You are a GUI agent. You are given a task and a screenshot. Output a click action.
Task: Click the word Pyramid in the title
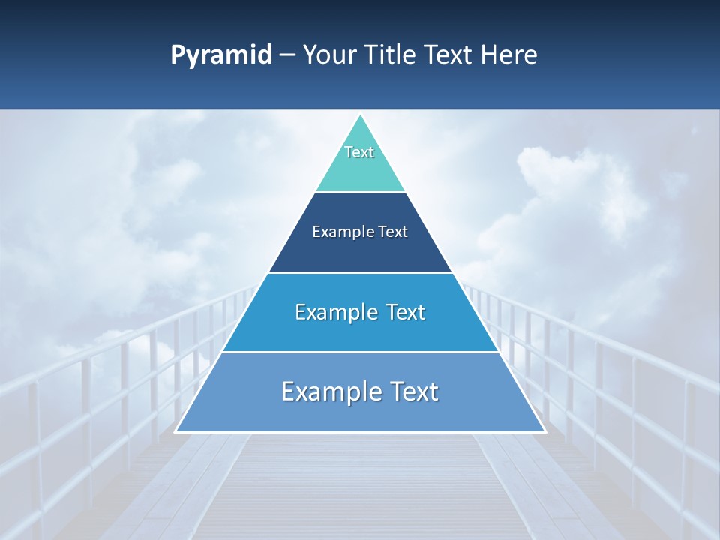220,55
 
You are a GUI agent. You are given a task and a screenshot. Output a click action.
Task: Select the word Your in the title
331,55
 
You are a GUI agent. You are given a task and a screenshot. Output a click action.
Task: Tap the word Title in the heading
393,55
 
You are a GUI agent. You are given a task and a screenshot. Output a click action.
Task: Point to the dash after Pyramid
287,55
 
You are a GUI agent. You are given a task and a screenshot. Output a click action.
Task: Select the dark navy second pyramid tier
360,251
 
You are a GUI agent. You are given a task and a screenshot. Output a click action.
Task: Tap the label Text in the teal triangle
359,152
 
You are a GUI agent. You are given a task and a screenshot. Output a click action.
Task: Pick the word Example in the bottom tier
328,391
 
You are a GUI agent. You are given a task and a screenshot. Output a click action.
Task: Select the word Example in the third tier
332,312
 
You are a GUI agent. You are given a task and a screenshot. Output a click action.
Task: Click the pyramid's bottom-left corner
176,431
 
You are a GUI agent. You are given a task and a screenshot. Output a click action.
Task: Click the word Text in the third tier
406,312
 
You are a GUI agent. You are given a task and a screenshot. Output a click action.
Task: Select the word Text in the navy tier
392,232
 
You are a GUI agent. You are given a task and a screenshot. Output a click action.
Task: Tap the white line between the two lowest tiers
360,352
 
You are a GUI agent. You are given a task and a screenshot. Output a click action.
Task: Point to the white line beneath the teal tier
360,193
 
